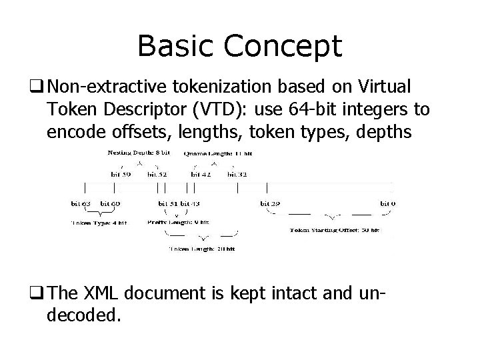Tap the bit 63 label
(81, 203)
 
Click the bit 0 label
(387, 203)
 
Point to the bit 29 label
(270, 203)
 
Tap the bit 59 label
(121, 174)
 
